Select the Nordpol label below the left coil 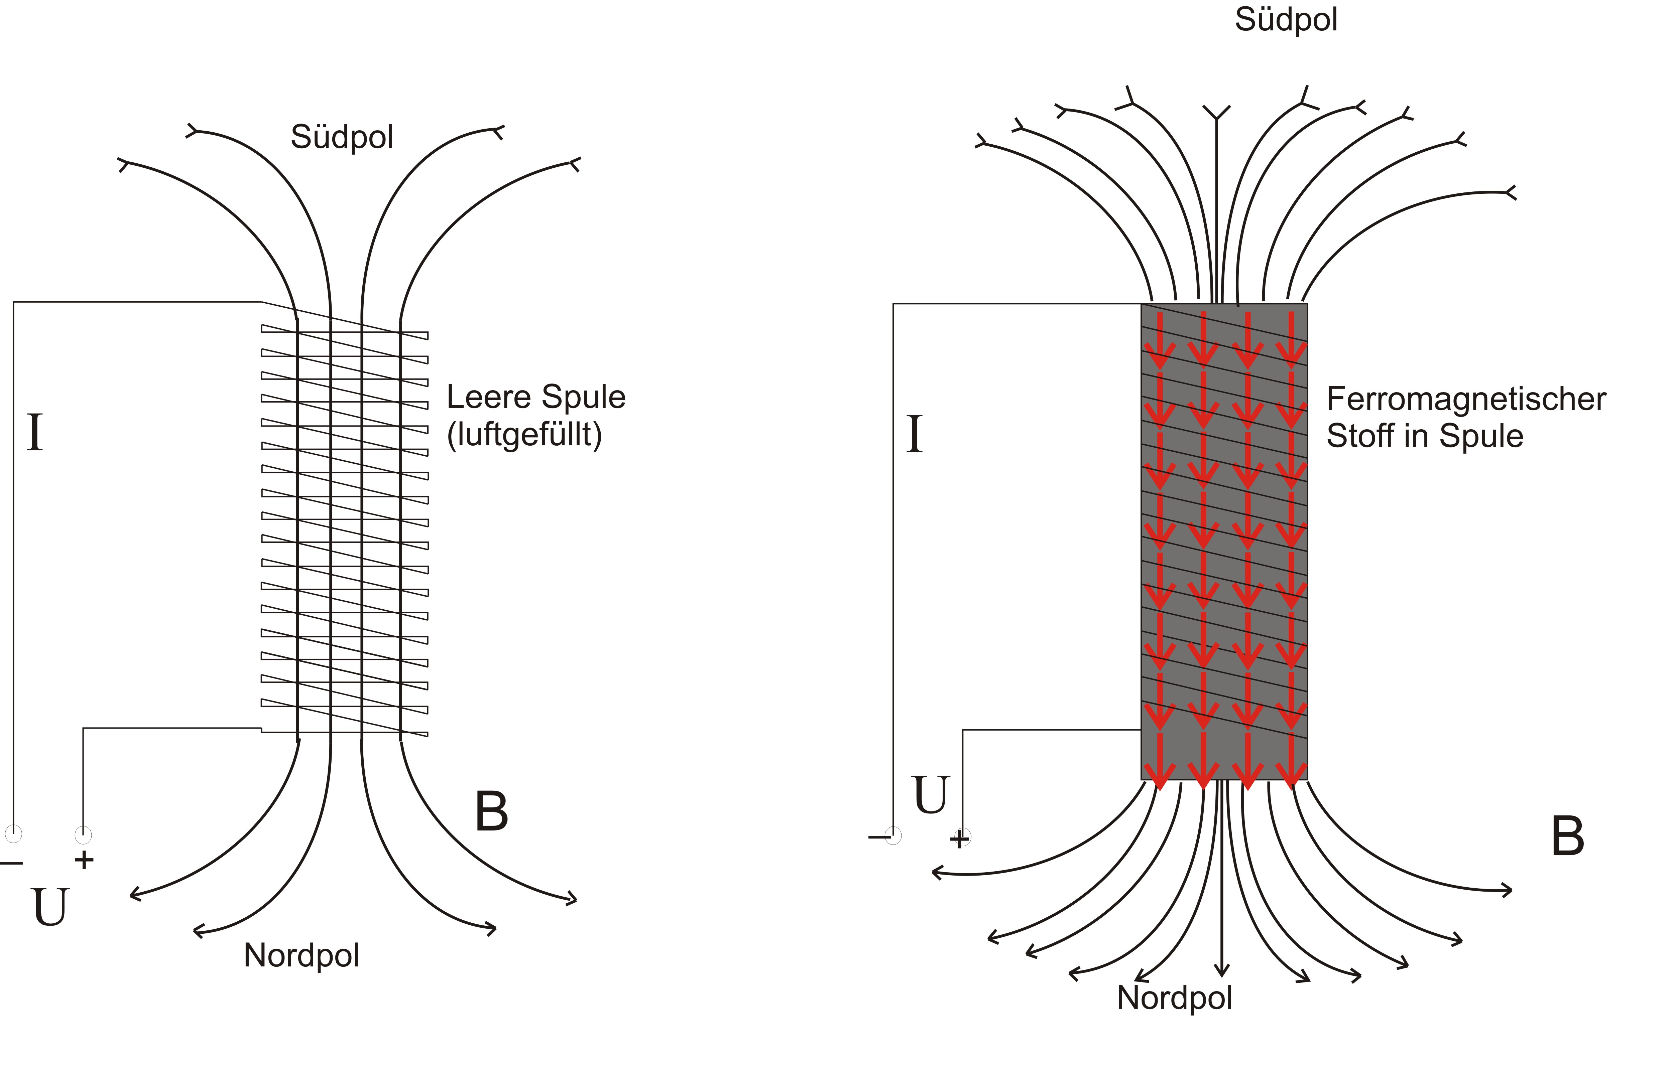[x=301, y=956]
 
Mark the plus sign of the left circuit [x=84, y=860]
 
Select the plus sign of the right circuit [x=959, y=840]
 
